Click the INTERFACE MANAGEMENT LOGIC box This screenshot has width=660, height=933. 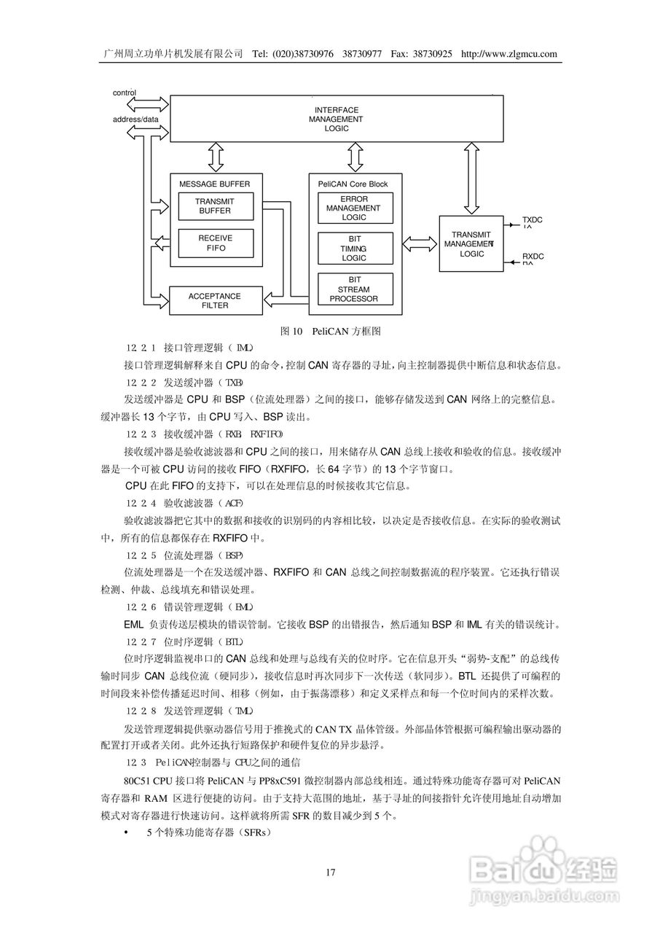(336, 119)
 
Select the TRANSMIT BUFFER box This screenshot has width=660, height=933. (215, 206)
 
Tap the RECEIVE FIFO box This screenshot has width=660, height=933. (215, 243)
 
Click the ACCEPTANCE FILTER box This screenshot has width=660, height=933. (215, 300)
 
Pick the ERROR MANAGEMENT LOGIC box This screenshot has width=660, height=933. (354, 208)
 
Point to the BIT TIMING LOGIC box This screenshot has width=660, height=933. (354, 249)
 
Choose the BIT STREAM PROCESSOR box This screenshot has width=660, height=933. (354, 289)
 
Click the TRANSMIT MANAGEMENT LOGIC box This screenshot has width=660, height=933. (471, 244)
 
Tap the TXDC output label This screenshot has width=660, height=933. (533, 220)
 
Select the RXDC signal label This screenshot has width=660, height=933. (533, 257)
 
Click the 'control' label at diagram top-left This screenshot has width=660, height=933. (125, 93)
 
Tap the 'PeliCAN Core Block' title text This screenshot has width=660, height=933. (353, 184)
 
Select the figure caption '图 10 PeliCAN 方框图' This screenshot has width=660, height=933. (331, 332)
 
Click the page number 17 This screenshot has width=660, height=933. (330, 873)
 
